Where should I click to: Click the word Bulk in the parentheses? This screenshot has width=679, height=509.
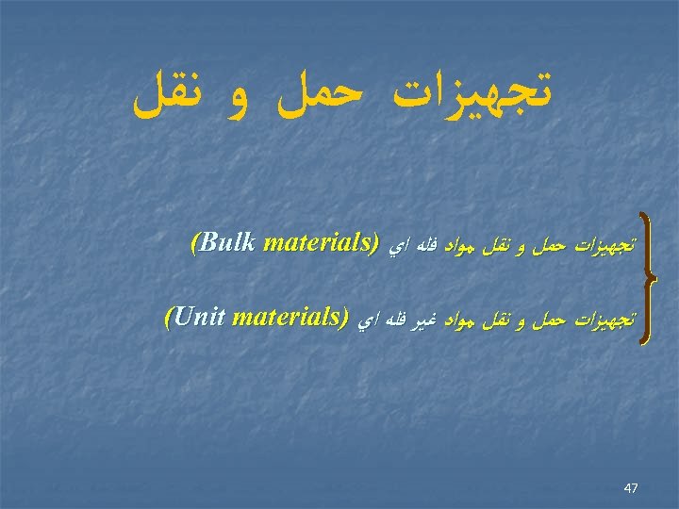[228, 243]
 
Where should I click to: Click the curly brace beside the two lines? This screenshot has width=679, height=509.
[649, 280]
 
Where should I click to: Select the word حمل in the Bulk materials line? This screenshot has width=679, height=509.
[553, 245]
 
